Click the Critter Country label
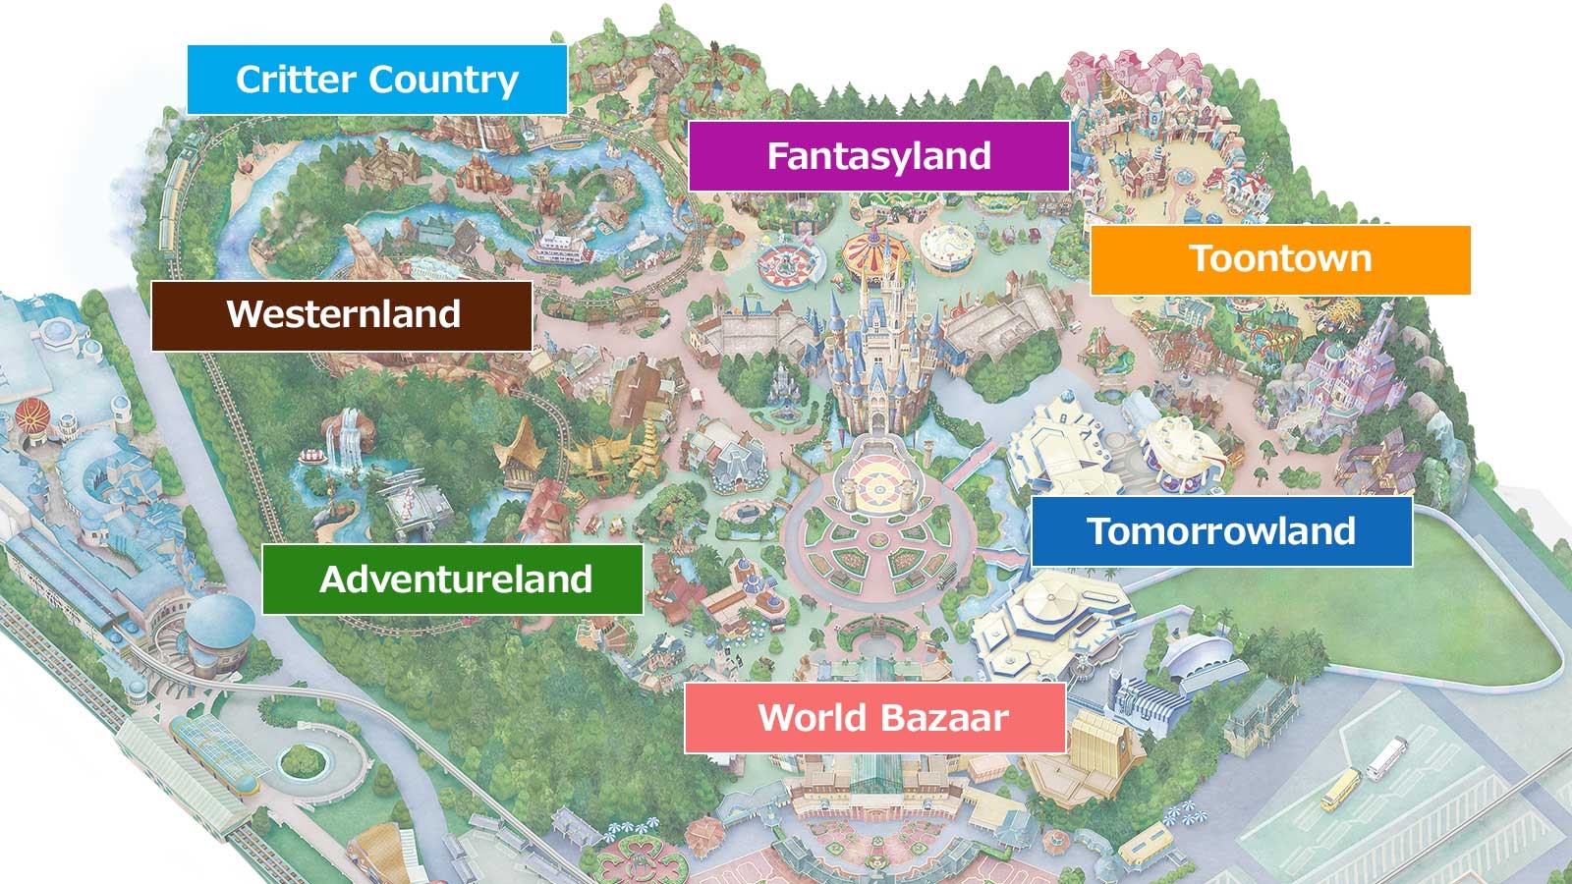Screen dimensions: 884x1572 pyautogui.click(x=376, y=80)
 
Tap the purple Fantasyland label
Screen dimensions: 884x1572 pyautogui.click(x=878, y=156)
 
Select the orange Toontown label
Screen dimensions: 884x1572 pyautogui.click(x=1279, y=259)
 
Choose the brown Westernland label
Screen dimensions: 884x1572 pyautogui.click(x=342, y=315)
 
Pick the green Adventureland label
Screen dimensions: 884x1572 pyautogui.click(x=453, y=580)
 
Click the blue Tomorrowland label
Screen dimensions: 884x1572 pyautogui.click(x=1220, y=531)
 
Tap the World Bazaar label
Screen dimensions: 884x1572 pyautogui.click(x=874, y=718)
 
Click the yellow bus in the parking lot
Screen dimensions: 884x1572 pyautogui.click(x=1340, y=789)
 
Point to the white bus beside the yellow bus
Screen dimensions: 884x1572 pyautogui.click(x=1386, y=757)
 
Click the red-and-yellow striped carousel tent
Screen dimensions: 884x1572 pyautogui.click(x=872, y=252)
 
